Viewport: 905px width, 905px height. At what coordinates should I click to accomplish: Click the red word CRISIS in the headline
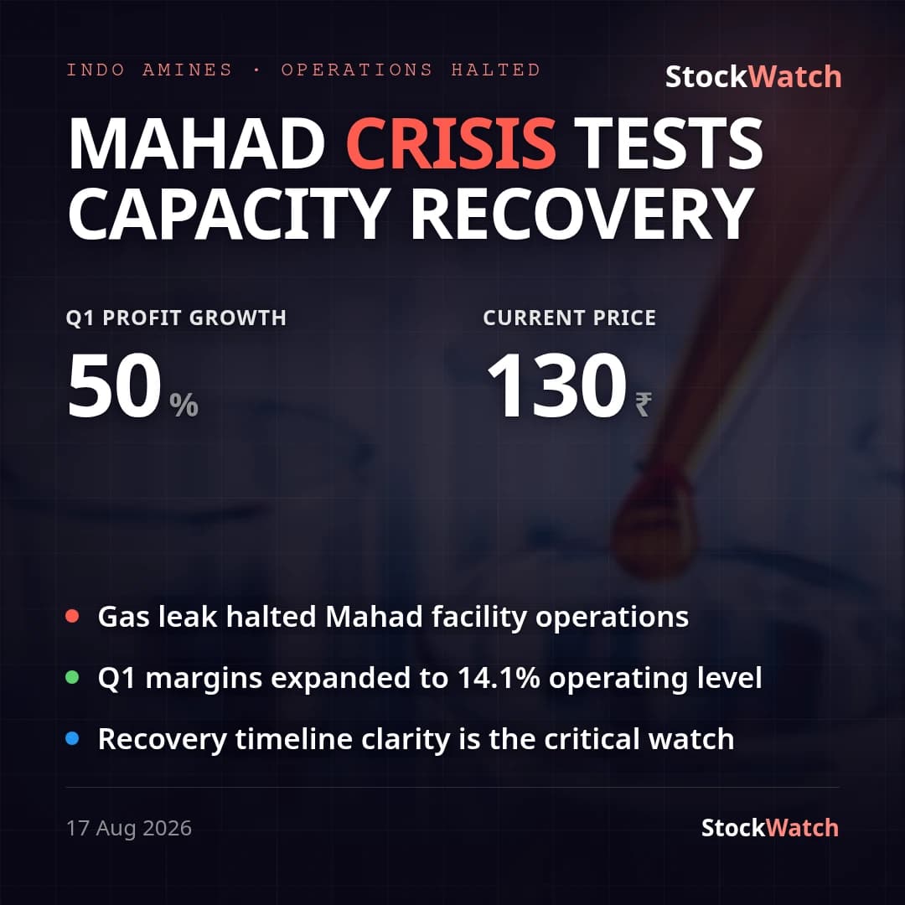451,143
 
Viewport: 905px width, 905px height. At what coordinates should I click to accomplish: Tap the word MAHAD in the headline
197,143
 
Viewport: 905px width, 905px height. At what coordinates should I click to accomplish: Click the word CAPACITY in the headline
229,214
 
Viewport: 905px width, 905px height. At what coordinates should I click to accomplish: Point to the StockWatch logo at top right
753,77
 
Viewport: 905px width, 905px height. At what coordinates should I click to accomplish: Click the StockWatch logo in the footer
769,828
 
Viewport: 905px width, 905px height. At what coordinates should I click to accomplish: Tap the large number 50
114,385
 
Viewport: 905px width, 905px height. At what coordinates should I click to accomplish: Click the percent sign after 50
184,405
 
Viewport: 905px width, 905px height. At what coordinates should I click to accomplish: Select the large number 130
556,385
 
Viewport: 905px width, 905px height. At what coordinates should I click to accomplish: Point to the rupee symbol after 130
644,404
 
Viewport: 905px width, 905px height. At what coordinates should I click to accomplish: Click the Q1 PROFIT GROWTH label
176,318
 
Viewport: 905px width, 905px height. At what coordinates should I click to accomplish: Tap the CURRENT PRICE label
570,318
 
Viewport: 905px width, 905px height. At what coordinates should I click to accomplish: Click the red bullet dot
72,616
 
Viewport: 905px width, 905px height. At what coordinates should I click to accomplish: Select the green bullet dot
72,677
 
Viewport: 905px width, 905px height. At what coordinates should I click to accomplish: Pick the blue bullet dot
72,738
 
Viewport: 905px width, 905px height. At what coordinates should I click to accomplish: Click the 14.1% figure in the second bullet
499,678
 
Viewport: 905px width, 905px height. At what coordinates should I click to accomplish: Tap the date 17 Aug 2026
129,828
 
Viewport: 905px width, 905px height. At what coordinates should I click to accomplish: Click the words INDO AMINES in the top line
149,70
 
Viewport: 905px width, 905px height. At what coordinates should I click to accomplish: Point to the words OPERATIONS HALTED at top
411,70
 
